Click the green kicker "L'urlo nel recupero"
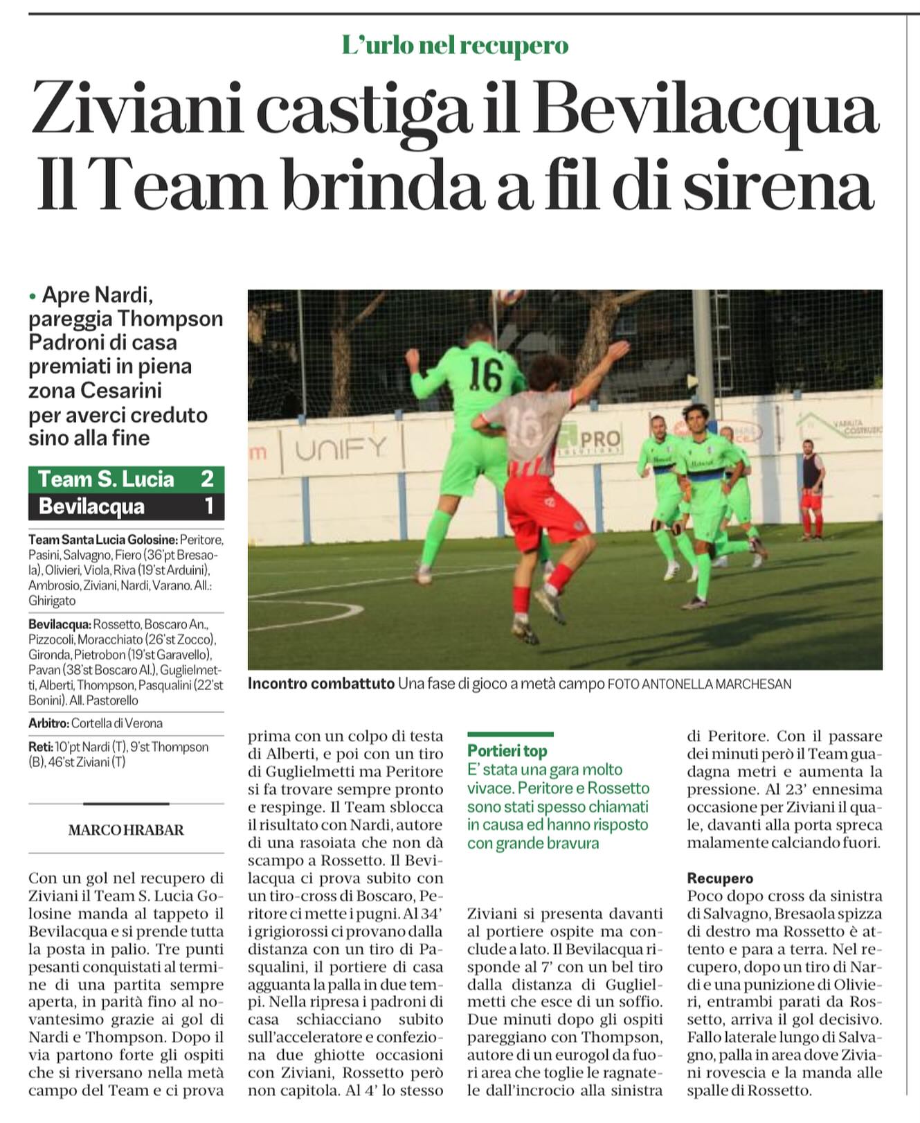point(455,46)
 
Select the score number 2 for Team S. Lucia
point(207,479)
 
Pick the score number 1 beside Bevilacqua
point(209,506)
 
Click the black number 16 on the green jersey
point(486,374)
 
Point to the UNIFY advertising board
point(341,450)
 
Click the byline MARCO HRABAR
point(126,830)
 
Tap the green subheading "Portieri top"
point(507,751)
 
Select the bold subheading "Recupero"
point(720,878)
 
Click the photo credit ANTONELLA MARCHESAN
point(716,684)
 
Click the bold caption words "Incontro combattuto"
point(321,684)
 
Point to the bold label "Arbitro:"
point(48,723)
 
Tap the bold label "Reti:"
point(41,747)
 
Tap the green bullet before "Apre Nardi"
point(32,297)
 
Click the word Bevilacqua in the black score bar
point(91,506)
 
